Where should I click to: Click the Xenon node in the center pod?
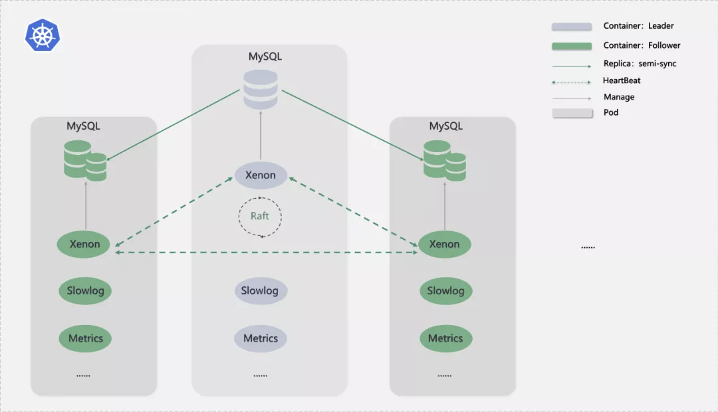click(261, 175)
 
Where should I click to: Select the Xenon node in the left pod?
click(85, 244)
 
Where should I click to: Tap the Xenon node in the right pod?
click(444, 244)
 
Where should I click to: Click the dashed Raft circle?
click(260, 217)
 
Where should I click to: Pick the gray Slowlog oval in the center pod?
click(260, 290)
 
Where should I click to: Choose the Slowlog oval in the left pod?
click(85, 290)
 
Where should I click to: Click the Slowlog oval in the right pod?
click(445, 290)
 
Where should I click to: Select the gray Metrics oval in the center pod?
click(260, 338)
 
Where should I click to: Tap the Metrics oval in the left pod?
click(85, 338)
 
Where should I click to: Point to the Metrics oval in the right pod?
click(445, 338)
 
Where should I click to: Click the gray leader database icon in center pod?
click(260, 90)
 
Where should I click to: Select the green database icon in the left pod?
click(85, 159)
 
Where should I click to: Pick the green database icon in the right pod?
click(444, 160)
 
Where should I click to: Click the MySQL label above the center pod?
click(265, 56)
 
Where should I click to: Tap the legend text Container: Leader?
click(638, 26)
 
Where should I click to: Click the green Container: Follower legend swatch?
click(571, 46)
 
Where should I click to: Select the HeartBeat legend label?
click(622, 80)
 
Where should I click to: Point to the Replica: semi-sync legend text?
click(640, 64)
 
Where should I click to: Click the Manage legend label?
click(619, 97)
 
